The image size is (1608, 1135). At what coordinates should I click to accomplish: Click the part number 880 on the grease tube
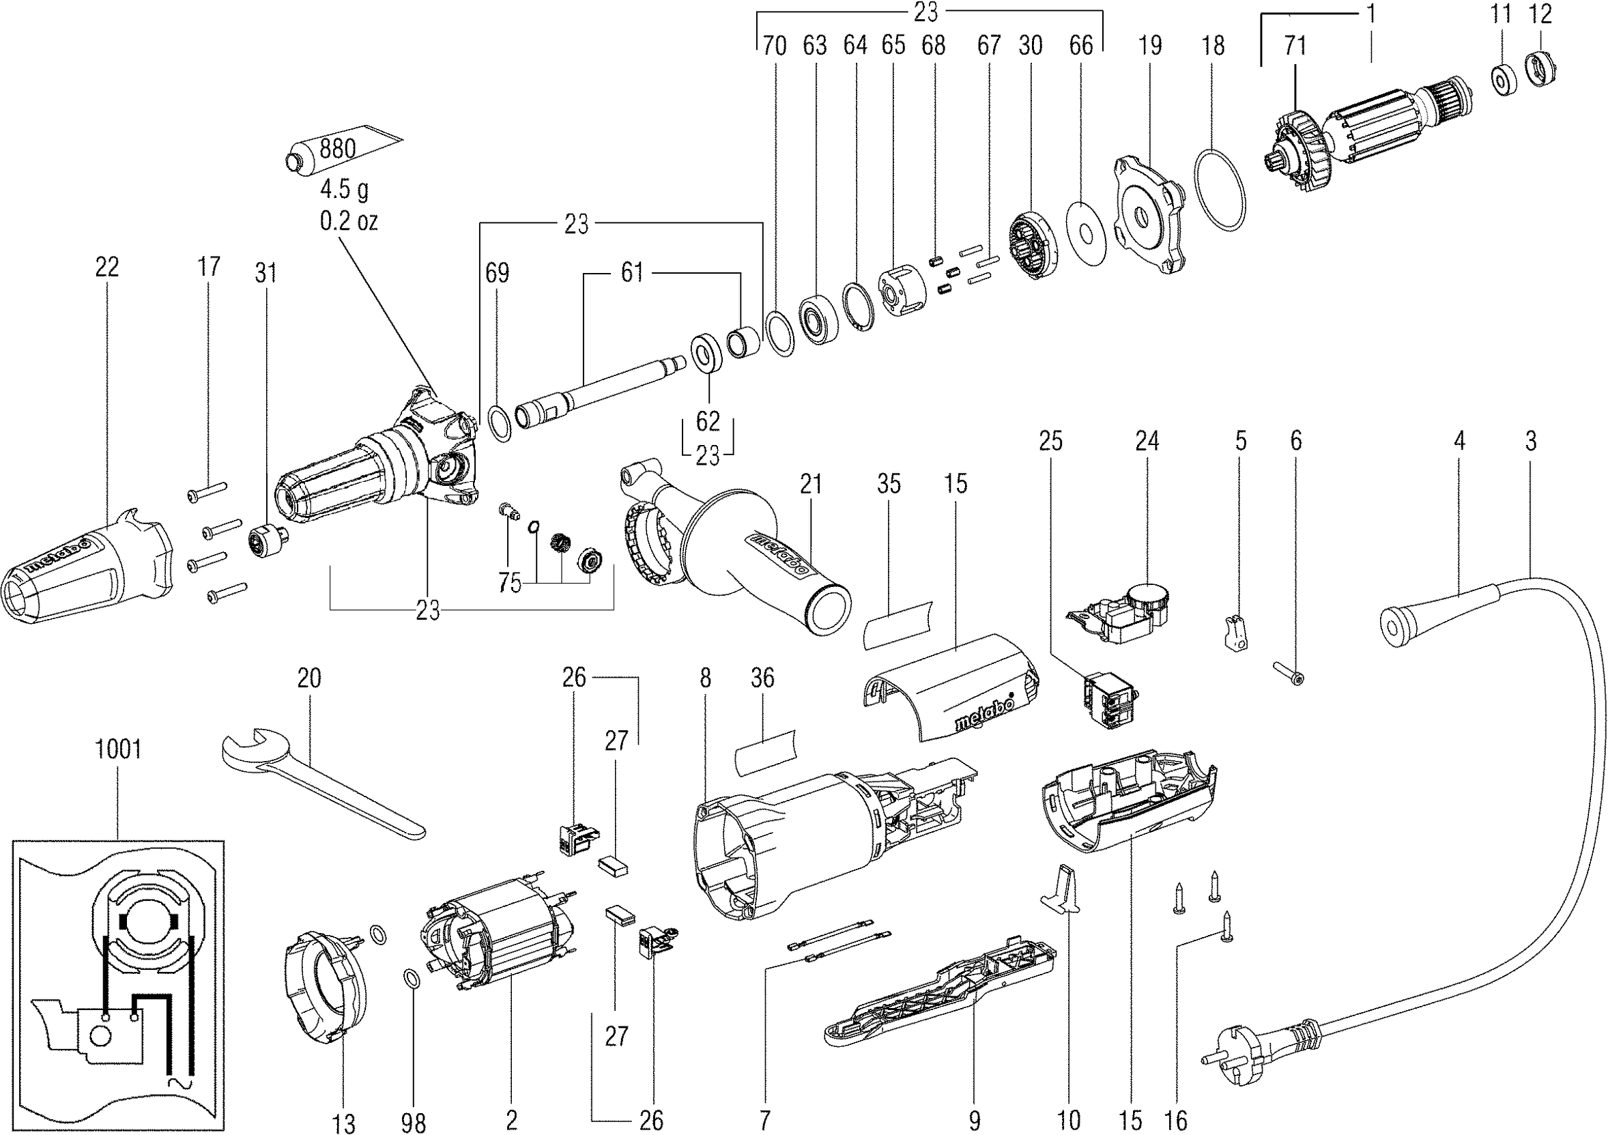[338, 149]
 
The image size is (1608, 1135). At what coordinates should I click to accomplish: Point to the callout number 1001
[117, 750]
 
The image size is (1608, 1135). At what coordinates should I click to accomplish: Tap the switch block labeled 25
[1110, 701]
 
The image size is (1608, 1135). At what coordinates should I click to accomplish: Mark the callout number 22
[107, 267]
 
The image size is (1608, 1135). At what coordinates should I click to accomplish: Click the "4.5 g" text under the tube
[344, 189]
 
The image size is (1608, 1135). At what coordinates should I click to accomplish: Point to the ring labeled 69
[499, 424]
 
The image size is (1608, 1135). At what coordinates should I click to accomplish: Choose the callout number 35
[889, 484]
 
